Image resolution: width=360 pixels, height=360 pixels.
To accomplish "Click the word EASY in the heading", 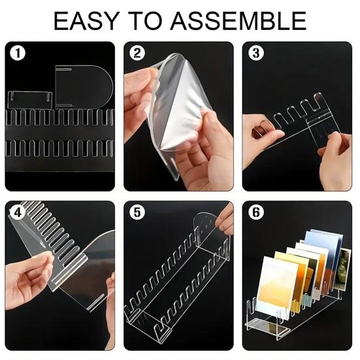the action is (x=86, y=21).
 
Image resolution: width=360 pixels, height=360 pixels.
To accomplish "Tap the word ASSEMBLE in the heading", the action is (x=238, y=21).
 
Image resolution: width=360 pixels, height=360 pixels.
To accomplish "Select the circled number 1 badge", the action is (x=18, y=53).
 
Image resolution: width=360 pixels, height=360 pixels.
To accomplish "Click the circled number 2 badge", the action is (x=137, y=53).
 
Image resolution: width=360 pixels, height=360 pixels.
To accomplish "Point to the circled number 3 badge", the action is (x=255, y=53).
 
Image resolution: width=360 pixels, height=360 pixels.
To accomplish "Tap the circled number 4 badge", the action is (x=18, y=212).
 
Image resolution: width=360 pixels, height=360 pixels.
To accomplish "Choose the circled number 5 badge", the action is (x=137, y=212).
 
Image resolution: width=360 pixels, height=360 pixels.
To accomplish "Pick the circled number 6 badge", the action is (x=255, y=212).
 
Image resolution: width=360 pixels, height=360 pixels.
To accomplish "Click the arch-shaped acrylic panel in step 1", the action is (x=84, y=87).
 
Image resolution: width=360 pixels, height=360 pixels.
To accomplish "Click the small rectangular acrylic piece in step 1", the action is (x=30, y=99).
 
